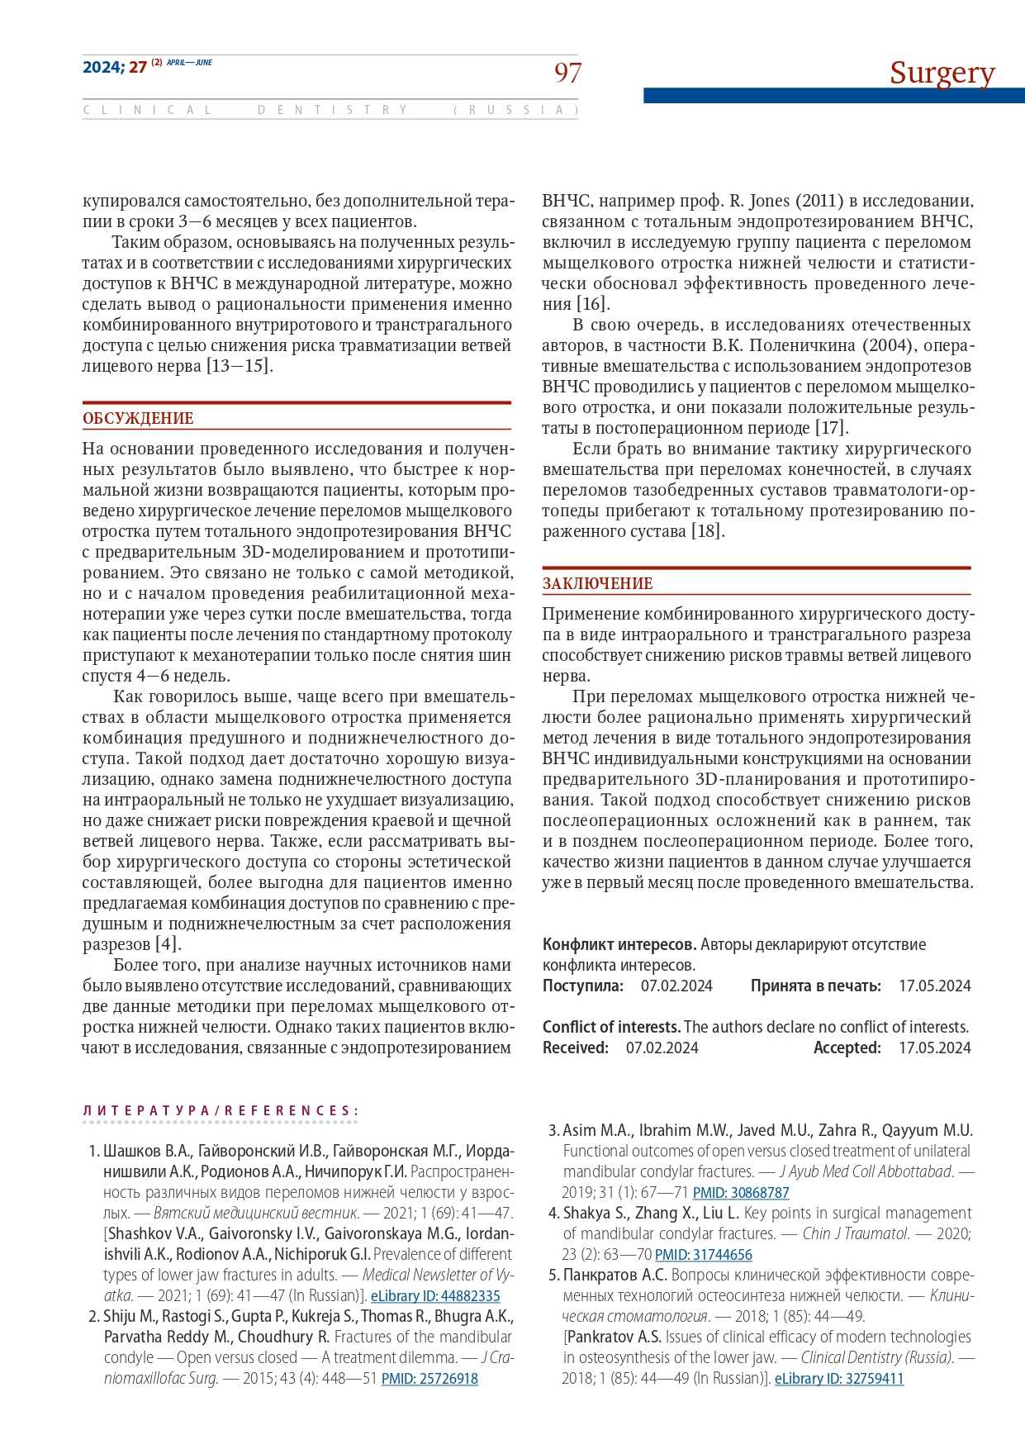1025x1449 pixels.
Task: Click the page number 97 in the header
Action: [567, 74]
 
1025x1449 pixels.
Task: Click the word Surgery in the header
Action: [942, 73]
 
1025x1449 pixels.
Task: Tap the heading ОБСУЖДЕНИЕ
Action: [138, 419]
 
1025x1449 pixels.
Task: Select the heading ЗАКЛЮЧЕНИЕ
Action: [597, 584]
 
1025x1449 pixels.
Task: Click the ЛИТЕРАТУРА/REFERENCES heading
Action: [221, 1111]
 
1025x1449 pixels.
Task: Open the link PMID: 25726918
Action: [429, 1379]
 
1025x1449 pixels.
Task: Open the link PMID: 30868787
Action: [741, 1193]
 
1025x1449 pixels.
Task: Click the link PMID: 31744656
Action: [704, 1255]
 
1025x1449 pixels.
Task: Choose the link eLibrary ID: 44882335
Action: [435, 1296]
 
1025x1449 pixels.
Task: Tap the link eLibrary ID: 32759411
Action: [839, 1379]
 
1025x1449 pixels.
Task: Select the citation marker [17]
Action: [832, 428]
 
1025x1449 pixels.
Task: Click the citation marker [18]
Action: [708, 531]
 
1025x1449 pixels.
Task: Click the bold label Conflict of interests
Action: [611, 1028]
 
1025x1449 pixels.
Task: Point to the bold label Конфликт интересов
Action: [619, 945]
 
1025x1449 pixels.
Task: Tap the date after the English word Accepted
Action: [935, 1048]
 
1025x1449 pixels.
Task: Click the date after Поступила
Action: [676, 986]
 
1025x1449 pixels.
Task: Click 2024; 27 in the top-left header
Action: [114, 68]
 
